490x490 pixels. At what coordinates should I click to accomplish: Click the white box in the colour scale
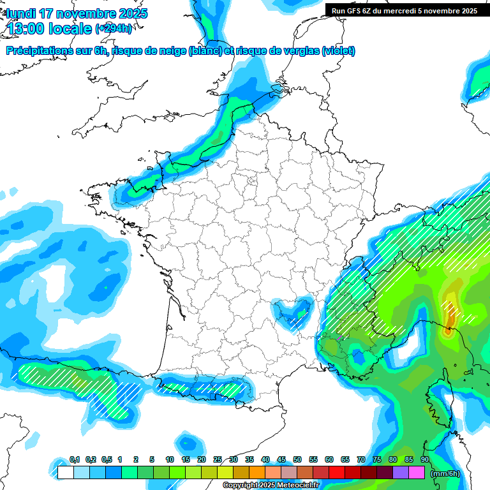[65, 473]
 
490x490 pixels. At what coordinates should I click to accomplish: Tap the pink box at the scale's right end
[417, 473]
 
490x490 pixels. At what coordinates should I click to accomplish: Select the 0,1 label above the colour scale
[75, 460]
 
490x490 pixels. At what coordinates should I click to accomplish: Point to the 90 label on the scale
[425, 460]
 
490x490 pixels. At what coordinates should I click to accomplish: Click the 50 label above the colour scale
[297, 460]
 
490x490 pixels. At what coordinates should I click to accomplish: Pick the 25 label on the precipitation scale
[218, 460]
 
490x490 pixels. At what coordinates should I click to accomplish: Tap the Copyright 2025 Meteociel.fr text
[271, 486]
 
